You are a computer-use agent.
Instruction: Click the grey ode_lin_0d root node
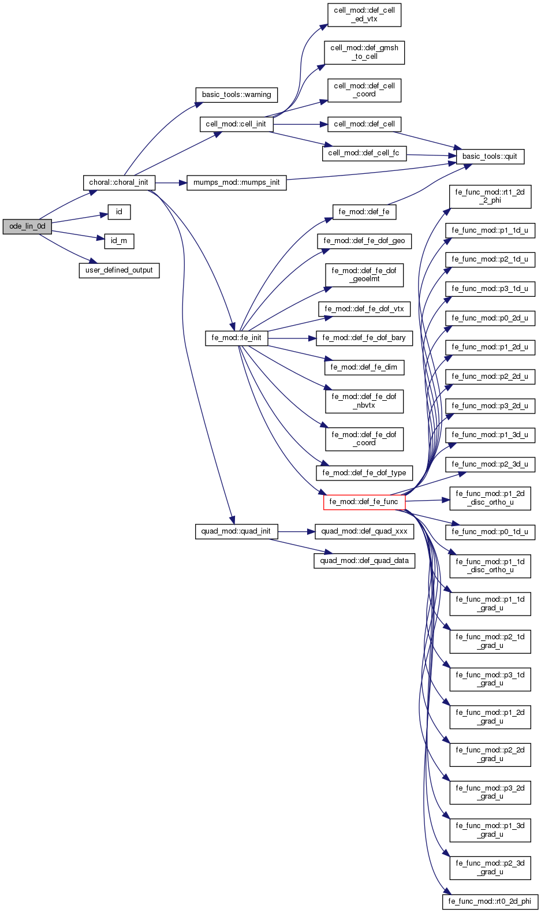pyautogui.click(x=27, y=226)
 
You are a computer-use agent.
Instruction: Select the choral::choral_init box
pyautogui.click(x=119, y=182)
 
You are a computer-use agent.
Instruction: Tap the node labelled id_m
pyautogui.click(x=119, y=241)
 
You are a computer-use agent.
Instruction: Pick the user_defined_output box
pyautogui.click(x=119, y=270)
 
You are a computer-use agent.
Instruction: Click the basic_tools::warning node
pyautogui.click(x=237, y=95)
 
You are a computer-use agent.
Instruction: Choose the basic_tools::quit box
pyautogui.click(x=490, y=156)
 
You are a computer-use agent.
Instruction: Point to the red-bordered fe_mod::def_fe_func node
pyautogui.click(x=364, y=502)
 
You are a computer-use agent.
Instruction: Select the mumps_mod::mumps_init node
pyautogui.click(x=237, y=182)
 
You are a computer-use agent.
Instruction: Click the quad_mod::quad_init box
pyautogui.click(x=237, y=531)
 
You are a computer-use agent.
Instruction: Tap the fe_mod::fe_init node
pyautogui.click(x=237, y=338)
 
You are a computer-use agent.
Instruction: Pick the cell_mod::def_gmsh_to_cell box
pyautogui.click(x=364, y=52)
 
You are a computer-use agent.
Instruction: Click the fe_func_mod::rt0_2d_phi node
pyautogui.click(x=490, y=901)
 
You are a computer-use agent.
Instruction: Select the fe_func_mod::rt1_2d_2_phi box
pyautogui.click(x=490, y=196)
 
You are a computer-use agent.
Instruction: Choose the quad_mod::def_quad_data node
pyautogui.click(x=364, y=561)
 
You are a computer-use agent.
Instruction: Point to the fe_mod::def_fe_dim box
pyautogui.click(x=364, y=367)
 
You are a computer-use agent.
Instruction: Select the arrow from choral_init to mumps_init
pyautogui.click(x=171, y=182)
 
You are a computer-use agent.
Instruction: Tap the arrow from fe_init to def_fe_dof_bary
pyautogui.click(x=292, y=338)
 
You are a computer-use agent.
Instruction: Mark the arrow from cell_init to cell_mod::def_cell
pyautogui.click(x=300, y=124)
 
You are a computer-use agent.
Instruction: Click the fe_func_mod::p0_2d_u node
pyautogui.click(x=490, y=318)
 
